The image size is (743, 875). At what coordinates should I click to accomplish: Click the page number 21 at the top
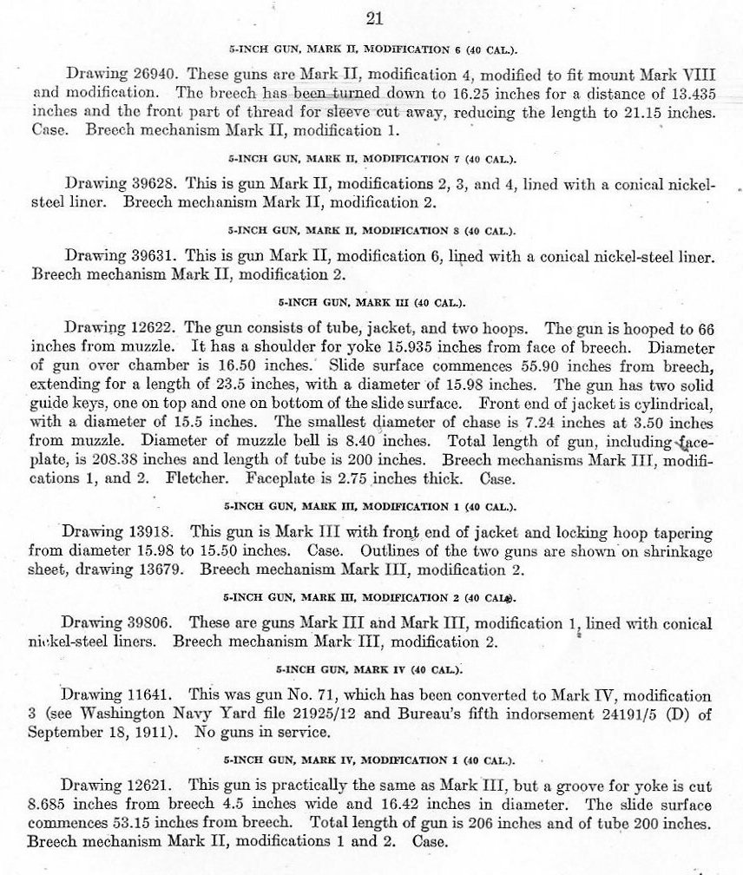pyautogui.click(x=375, y=17)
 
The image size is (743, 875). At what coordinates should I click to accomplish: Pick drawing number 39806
pyautogui.click(x=155, y=623)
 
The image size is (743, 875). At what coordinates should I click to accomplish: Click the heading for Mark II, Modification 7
pyautogui.click(x=371, y=161)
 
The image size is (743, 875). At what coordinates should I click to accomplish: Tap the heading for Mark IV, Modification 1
pyautogui.click(x=371, y=762)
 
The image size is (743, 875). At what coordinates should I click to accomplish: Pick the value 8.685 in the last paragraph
pyautogui.click(x=50, y=806)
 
